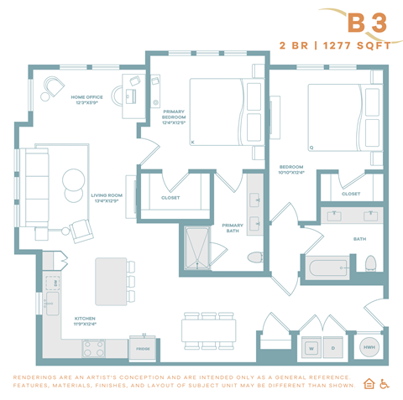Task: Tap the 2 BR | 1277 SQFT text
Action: pyautogui.click(x=340, y=45)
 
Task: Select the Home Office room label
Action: pyautogui.click(x=89, y=100)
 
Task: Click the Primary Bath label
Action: pyautogui.click(x=232, y=227)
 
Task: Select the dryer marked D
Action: pyautogui.click(x=333, y=345)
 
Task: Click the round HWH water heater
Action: pyautogui.click(x=369, y=345)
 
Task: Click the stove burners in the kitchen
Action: pyautogui.click(x=92, y=345)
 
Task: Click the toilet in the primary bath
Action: pyautogui.click(x=256, y=256)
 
